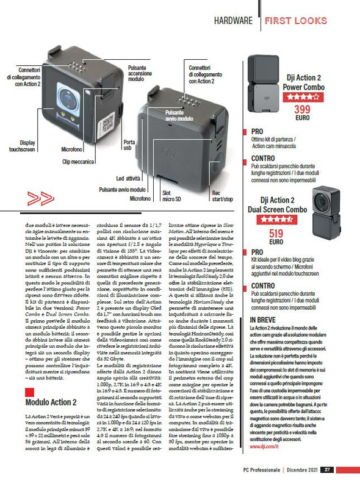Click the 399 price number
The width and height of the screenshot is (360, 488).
click(x=302, y=109)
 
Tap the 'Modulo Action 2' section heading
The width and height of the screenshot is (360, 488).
click(x=51, y=402)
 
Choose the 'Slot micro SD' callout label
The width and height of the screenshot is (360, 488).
click(x=175, y=196)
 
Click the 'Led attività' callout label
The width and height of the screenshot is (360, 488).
click(x=129, y=179)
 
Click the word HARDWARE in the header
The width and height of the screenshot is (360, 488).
click(x=233, y=21)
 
